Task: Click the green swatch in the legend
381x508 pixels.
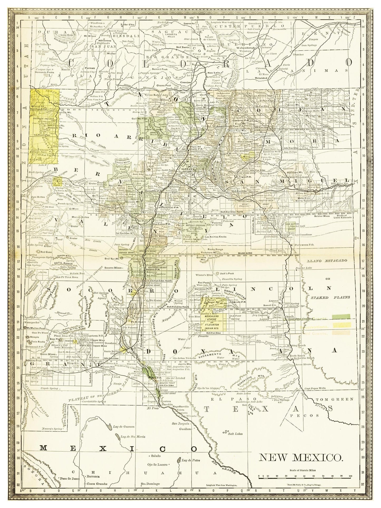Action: click(341, 317)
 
